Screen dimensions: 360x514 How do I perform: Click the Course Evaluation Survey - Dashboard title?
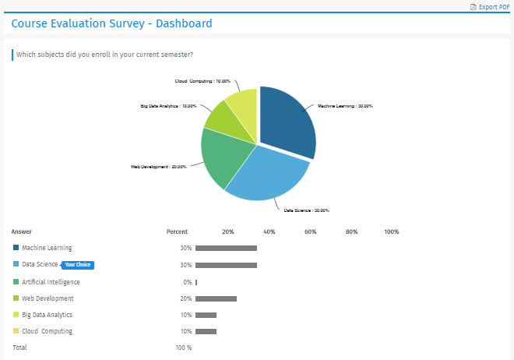pyautogui.click(x=111, y=23)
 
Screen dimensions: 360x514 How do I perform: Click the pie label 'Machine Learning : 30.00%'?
pyautogui.click(x=345, y=106)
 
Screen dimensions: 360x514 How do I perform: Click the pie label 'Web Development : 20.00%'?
pyautogui.click(x=158, y=166)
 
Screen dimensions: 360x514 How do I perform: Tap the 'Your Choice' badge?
pyautogui.click(x=78, y=265)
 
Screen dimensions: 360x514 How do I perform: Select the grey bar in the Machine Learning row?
pyautogui.click(x=226, y=249)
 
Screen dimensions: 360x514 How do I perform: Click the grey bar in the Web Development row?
pyautogui.click(x=216, y=298)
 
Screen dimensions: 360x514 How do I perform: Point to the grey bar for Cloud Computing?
pyautogui.click(x=206, y=332)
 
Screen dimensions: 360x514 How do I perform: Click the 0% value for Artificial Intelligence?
pyautogui.click(x=187, y=282)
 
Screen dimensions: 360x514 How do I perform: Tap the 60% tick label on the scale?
pyautogui.click(x=310, y=231)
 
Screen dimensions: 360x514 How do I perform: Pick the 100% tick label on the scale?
pyautogui.click(x=392, y=231)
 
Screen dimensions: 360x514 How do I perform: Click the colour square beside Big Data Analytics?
pyautogui.click(x=16, y=315)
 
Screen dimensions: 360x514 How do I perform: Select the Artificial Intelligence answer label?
pyautogui.click(x=51, y=282)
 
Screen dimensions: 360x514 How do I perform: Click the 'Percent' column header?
pyautogui.click(x=177, y=231)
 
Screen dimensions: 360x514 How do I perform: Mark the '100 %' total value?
pyautogui.click(x=183, y=348)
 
